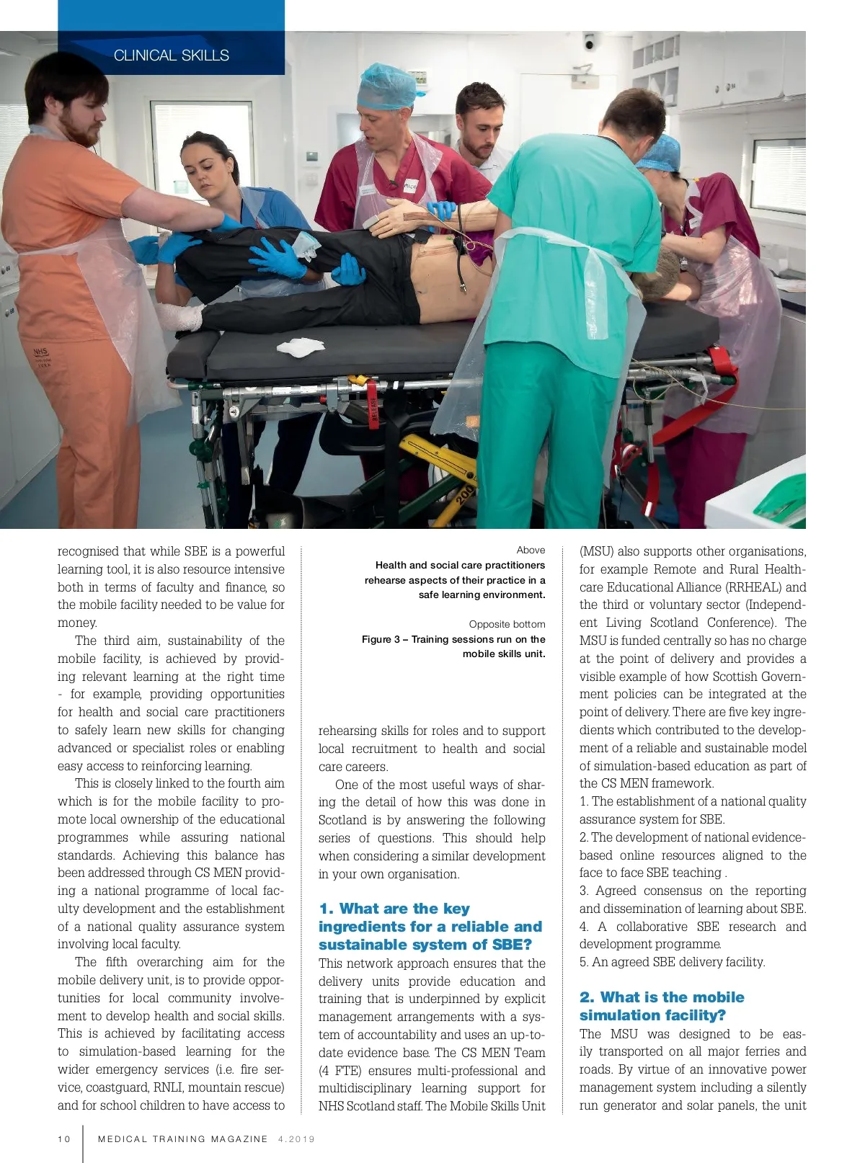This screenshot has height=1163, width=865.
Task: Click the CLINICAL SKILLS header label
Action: coord(172,55)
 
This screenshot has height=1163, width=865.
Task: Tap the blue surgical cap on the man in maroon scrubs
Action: coord(388,84)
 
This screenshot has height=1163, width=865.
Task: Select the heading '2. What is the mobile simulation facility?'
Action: coord(662,1006)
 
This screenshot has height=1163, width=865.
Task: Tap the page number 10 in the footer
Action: coord(64,1139)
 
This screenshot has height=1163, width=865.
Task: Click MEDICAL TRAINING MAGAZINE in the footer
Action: coord(182,1139)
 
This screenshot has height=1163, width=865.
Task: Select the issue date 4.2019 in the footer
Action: coord(296,1139)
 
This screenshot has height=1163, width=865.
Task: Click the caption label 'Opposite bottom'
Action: coord(507,624)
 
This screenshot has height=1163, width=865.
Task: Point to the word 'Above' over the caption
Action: coord(531,550)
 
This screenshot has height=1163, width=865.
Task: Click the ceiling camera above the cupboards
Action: coord(589,43)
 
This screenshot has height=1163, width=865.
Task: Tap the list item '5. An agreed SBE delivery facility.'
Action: coord(672,962)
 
